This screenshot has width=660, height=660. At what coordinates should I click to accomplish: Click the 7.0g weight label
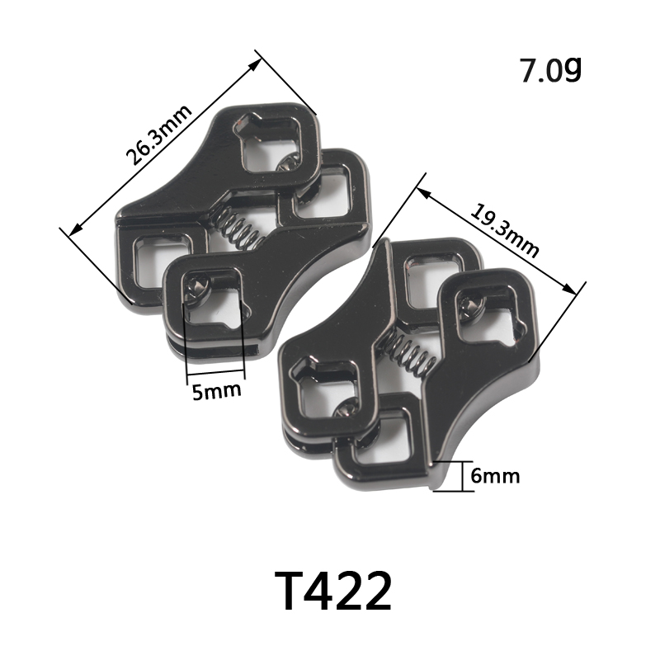(x=551, y=70)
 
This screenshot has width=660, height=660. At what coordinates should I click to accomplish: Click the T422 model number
(x=333, y=591)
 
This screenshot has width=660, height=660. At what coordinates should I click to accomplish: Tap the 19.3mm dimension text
(x=504, y=231)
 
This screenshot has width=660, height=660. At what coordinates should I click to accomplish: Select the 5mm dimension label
(x=217, y=390)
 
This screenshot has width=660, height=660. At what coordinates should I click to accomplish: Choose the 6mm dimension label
(x=495, y=476)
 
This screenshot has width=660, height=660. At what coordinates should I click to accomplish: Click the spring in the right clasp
(x=408, y=351)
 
